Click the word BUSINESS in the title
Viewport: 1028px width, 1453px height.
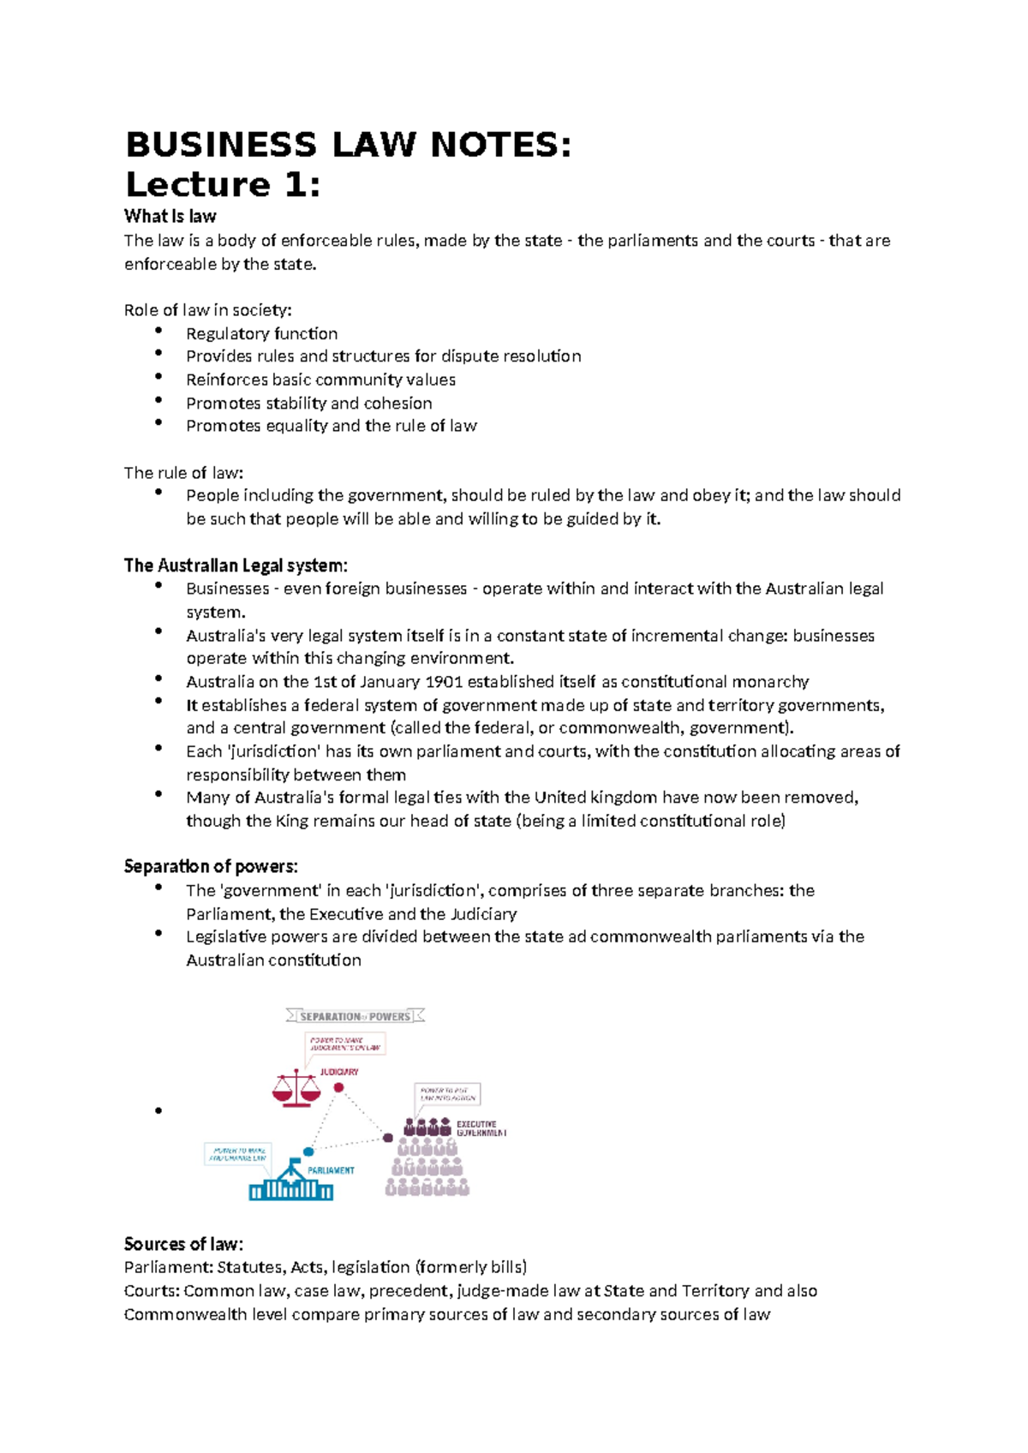click(x=221, y=145)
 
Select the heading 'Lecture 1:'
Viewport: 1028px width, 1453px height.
click(x=223, y=185)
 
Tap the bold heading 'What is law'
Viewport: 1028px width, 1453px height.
click(x=170, y=216)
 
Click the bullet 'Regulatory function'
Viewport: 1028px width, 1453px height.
click(x=261, y=333)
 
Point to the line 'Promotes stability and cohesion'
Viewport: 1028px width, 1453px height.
click(x=308, y=403)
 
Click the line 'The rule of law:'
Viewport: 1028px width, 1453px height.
click(x=183, y=472)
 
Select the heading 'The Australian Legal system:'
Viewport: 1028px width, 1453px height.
click(x=236, y=565)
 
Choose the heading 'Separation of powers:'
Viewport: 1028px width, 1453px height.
click(x=211, y=866)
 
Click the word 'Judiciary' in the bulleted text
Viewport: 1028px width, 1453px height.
click(x=483, y=914)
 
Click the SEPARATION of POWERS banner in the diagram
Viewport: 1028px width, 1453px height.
click(x=355, y=1016)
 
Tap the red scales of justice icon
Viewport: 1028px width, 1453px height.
click(x=296, y=1088)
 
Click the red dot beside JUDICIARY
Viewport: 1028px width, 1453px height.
click(x=338, y=1087)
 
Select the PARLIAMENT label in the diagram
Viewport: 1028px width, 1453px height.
click(x=331, y=1170)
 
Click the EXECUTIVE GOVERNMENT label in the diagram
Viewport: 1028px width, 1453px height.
click(x=481, y=1128)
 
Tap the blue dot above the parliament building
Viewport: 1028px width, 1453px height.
click(x=308, y=1152)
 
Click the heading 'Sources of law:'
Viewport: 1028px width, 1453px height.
click(x=183, y=1244)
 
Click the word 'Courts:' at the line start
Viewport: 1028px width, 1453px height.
click(x=152, y=1291)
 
